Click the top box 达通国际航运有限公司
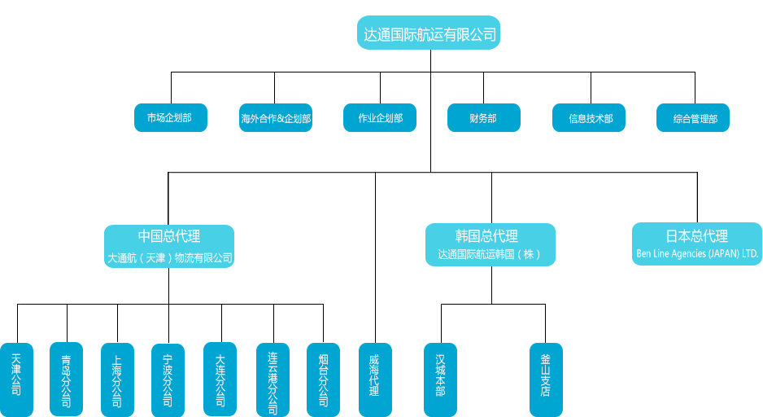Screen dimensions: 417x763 click(x=429, y=34)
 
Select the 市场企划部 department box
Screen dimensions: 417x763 click(x=171, y=118)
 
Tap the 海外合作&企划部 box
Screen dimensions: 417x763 click(x=276, y=118)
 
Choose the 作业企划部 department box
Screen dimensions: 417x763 click(x=380, y=118)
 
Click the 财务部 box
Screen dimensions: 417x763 click(x=483, y=118)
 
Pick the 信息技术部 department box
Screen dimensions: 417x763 click(x=591, y=118)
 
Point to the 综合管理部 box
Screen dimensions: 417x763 click(x=695, y=118)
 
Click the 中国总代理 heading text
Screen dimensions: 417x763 click(x=169, y=236)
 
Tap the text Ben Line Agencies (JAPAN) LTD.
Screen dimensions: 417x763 click(x=697, y=254)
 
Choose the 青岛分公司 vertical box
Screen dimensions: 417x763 click(x=67, y=380)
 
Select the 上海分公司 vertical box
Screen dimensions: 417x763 click(x=117, y=380)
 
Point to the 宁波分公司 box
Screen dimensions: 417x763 click(x=168, y=380)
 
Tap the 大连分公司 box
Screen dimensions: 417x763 click(x=220, y=380)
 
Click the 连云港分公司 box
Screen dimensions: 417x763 click(x=272, y=380)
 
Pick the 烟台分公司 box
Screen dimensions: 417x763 click(x=323, y=380)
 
